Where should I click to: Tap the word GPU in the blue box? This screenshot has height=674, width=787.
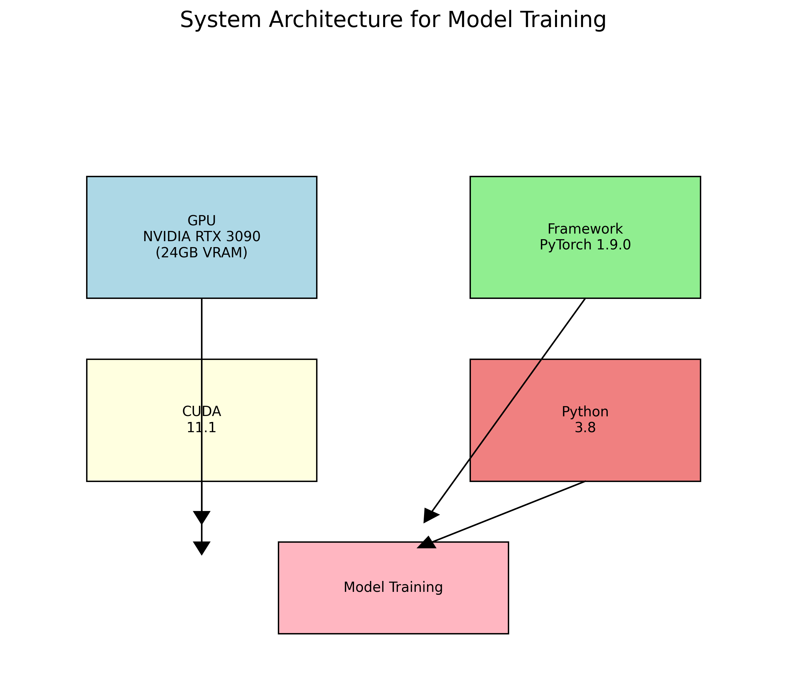202,221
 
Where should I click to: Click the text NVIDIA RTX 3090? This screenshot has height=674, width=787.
202,237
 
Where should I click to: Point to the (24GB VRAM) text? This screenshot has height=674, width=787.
202,252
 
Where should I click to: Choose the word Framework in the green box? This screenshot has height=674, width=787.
585,229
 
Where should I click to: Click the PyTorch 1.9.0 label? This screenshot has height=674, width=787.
585,245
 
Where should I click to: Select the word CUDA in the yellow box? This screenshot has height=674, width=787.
202,411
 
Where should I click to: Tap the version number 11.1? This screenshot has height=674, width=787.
202,428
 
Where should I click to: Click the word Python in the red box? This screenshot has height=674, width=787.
585,412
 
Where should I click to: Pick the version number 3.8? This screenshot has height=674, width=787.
585,428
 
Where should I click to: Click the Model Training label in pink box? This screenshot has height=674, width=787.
393,587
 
